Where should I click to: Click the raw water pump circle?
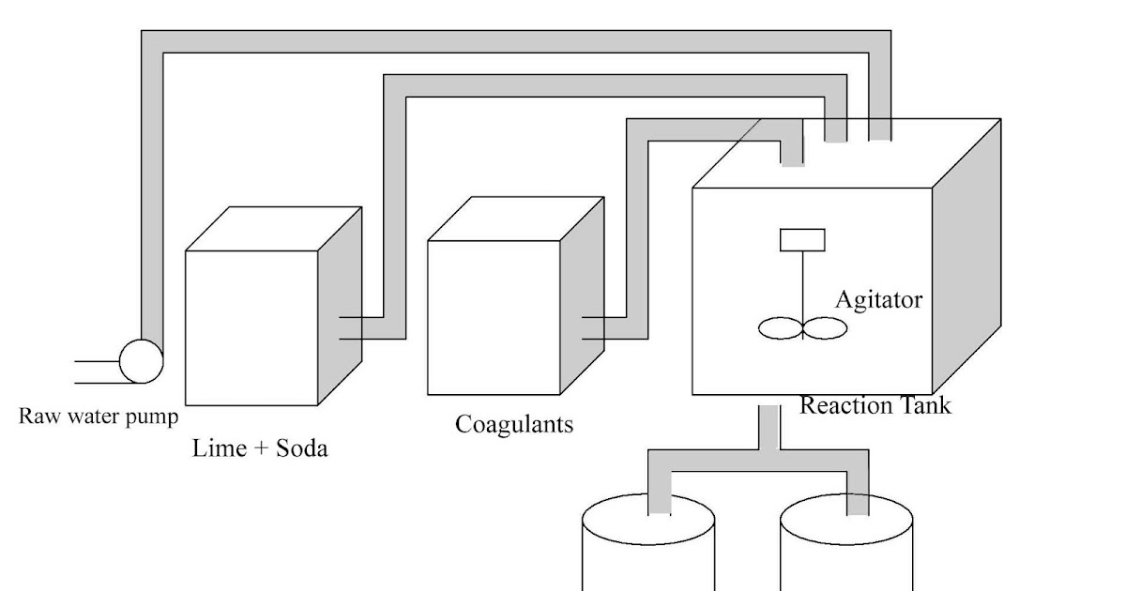pyautogui.click(x=141, y=361)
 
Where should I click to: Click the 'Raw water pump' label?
pyautogui.click(x=98, y=417)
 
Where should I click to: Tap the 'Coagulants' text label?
pyautogui.click(x=513, y=424)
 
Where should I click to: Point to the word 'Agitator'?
pyautogui.click(x=878, y=300)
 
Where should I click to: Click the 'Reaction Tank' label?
pyautogui.click(x=875, y=405)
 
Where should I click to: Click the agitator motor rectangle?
pyautogui.click(x=802, y=240)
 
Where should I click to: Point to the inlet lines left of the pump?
pyautogui.click(x=94, y=371)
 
